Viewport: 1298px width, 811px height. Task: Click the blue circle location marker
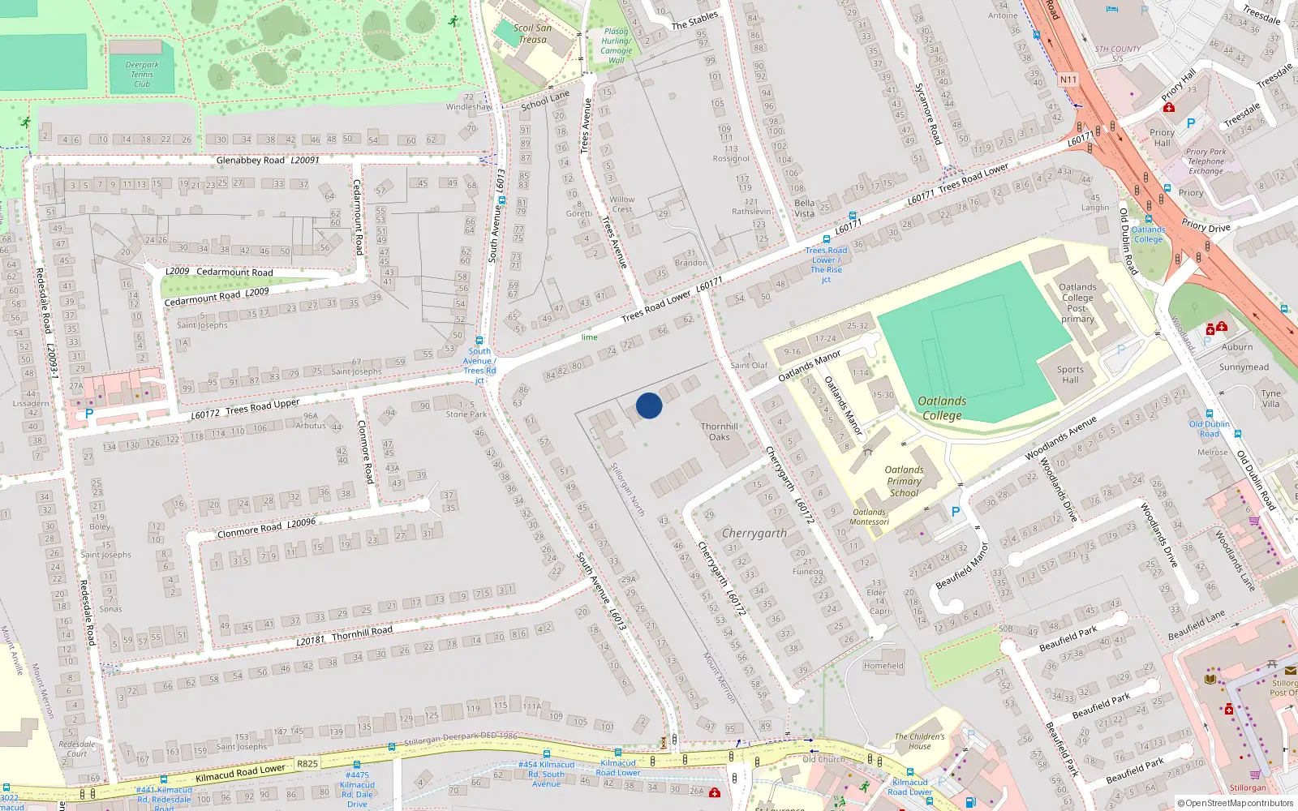pos(649,405)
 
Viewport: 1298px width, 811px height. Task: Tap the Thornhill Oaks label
pos(720,431)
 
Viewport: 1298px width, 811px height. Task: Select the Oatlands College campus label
pos(942,408)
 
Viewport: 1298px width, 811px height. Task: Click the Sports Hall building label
pos(1070,375)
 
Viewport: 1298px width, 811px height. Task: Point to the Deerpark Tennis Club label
pos(142,75)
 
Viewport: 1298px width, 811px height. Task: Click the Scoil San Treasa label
pos(532,33)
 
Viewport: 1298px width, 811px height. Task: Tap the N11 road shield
pos(1068,79)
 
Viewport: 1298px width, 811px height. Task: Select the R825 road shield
pos(307,763)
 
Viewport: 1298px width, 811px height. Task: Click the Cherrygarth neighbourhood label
pos(754,533)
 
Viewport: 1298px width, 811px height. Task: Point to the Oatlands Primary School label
pos(904,481)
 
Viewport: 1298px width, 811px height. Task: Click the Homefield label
pos(883,666)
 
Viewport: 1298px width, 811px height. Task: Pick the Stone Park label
pos(466,414)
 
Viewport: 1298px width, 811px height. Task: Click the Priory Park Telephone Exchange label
pos(1206,161)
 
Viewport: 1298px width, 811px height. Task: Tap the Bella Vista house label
pos(804,208)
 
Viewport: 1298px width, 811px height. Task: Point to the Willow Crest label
pos(622,204)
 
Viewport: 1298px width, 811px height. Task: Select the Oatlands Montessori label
pos(870,517)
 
